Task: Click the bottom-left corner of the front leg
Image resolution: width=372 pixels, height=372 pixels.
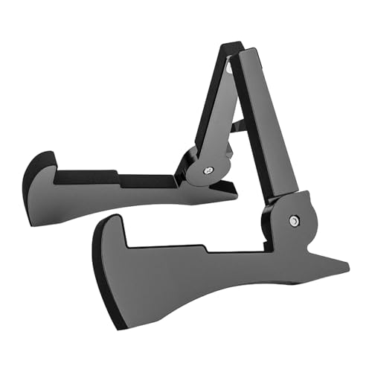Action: [x=119, y=326]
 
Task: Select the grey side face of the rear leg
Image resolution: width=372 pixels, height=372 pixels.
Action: [x=112, y=197]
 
